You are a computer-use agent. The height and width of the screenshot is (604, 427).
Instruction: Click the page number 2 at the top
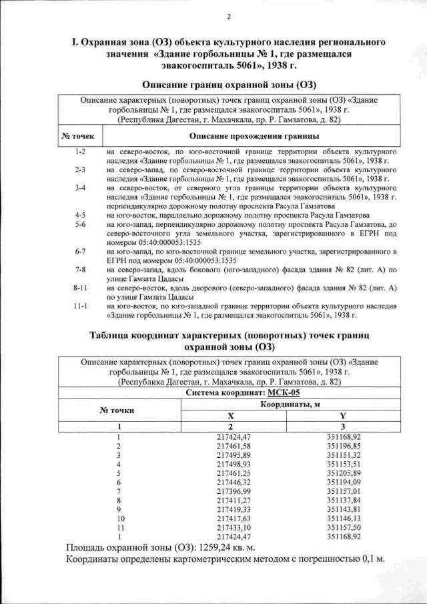229,17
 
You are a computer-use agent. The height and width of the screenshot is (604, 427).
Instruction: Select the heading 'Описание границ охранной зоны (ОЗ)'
229,85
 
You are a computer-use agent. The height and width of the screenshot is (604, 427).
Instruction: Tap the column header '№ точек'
78,136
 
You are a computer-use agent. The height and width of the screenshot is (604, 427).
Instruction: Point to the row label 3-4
81,189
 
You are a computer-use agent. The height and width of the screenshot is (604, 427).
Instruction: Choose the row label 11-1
81,306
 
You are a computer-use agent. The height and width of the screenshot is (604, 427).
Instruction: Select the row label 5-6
81,225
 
